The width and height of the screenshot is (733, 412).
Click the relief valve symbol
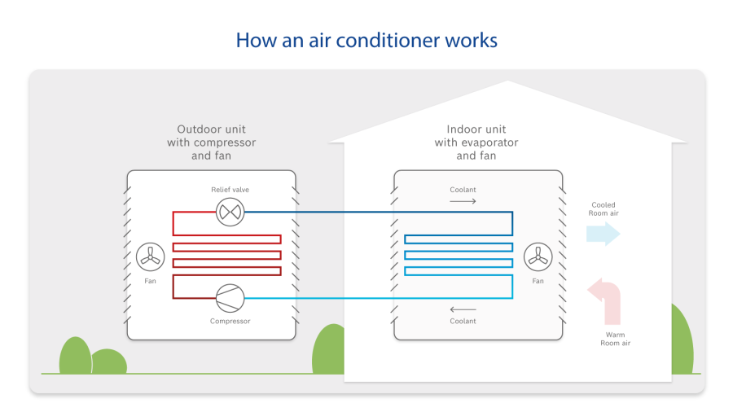[x=230, y=213]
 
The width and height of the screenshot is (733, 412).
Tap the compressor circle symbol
[x=230, y=297]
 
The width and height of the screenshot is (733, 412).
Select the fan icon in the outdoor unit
[x=151, y=257]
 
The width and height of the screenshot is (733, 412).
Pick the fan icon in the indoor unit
[x=538, y=257]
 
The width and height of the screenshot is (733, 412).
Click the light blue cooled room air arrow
[x=604, y=234]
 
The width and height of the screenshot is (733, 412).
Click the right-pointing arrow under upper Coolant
[x=463, y=199]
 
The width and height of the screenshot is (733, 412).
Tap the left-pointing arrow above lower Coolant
[x=463, y=309]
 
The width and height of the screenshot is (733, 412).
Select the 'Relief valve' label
[x=230, y=190]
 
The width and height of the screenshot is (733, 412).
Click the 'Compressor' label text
[x=230, y=321]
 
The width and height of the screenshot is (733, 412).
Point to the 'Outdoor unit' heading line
[x=212, y=129]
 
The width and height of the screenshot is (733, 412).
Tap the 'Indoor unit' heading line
[x=476, y=129]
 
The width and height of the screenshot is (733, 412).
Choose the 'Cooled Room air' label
[x=604, y=209]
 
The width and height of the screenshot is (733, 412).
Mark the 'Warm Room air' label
[x=615, y=339]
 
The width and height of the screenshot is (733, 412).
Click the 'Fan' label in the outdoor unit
[x=151, y=281]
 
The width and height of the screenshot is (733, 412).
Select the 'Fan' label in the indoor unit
[x=538, y=281]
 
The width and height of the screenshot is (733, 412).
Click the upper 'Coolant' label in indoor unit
[x=463, y=190]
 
